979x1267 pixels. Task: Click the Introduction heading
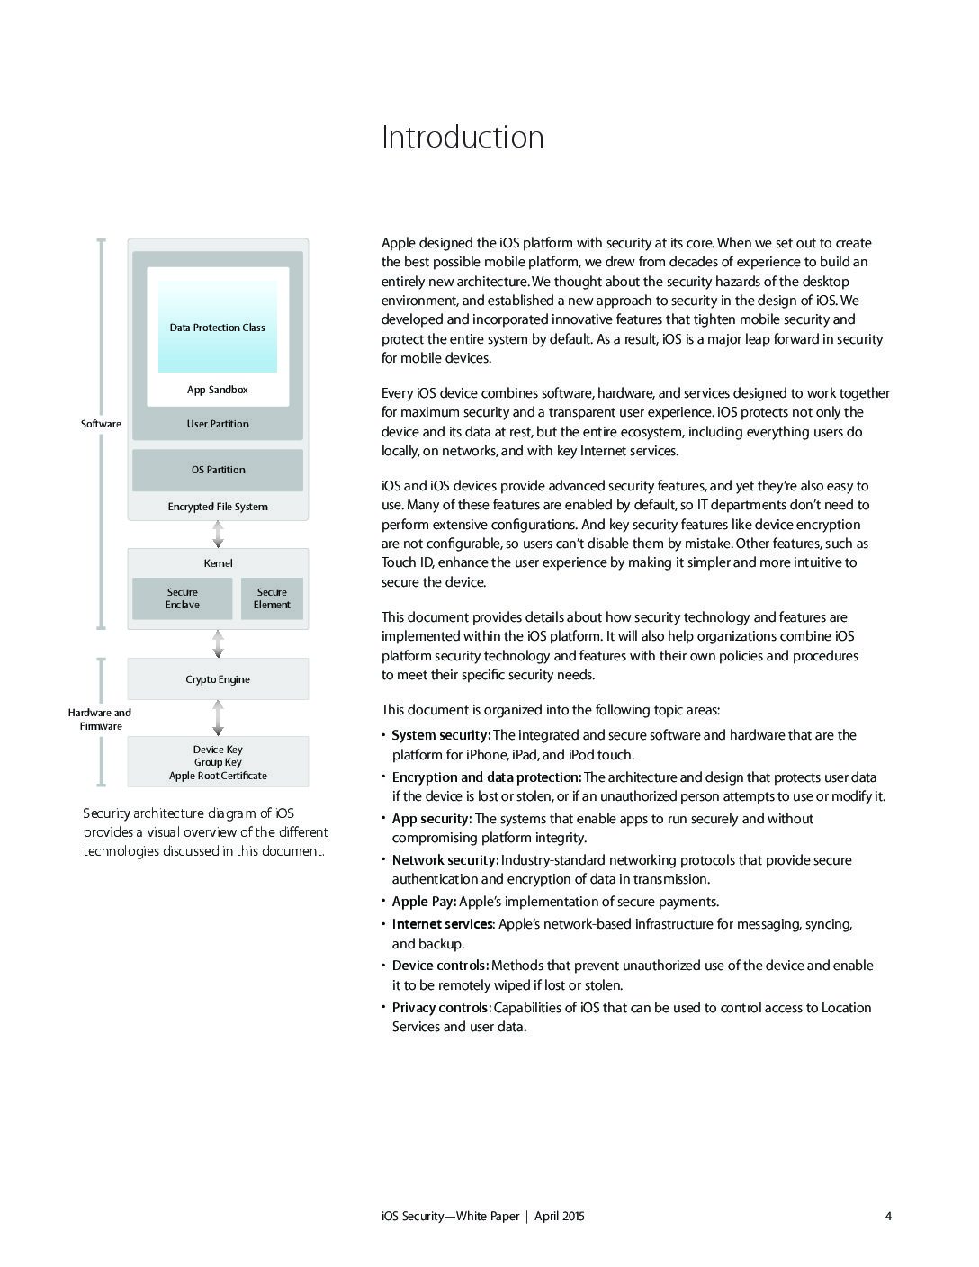click(x=463, y=137)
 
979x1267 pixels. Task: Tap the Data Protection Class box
click(x=218, y=328)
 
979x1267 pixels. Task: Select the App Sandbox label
click(x=217, y=390)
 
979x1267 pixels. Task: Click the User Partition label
click(x=218, y=424)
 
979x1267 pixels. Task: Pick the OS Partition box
click(x=218, y=470)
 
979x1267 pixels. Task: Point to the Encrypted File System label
click(x=218, y=507)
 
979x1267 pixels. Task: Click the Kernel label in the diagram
click(x=218, y=563)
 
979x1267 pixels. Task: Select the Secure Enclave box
click(x=183, y=598)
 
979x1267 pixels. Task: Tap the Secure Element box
click(x=272, y=598)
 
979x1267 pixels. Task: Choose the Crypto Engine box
click(x=218, y=679)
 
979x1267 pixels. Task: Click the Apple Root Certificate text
click(x=218, y=776)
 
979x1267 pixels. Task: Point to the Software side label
click(x=101, y=424)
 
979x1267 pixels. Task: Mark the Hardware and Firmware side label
click(x=100, y=719)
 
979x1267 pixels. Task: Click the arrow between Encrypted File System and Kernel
click(x=218, y=535)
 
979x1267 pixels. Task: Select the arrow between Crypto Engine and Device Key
click(x=218, y=718)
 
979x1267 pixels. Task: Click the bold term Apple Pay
click(x=424, y=902)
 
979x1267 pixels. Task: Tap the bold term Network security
click(x=445, y=860)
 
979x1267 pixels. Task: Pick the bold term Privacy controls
click(x=441, y=1008)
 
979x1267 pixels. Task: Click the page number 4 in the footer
click(x=888, y=1217)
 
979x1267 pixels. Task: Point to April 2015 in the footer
click(x=560, y=1217)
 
